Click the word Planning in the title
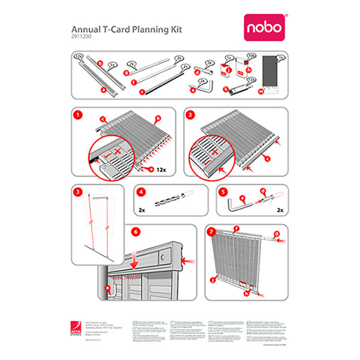[x=130, y=29]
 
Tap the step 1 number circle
[x=76, y=114]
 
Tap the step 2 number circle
[x=190, y=114]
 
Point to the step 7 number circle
[x=209, y=232]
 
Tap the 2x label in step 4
[x=142, y=211]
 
